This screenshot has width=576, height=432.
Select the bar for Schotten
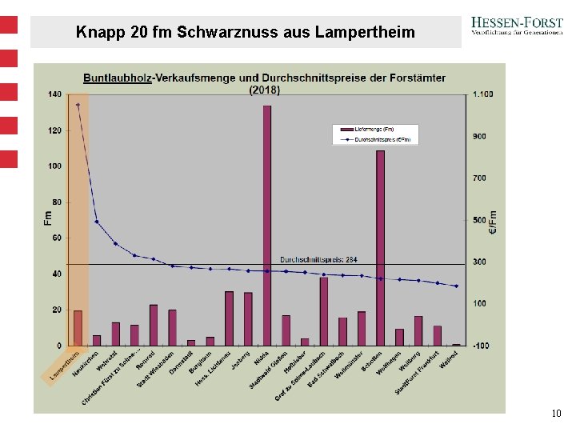380,248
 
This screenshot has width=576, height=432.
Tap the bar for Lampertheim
78,328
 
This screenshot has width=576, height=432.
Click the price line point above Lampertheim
78,105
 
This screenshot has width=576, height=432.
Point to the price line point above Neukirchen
97,222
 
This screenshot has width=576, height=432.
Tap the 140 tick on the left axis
54,94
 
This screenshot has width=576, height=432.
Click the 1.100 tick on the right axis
482,94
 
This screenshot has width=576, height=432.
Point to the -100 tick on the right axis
482,346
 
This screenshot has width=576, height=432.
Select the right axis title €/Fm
493,222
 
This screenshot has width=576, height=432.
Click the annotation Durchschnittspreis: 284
318,259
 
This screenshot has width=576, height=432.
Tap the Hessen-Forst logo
516,29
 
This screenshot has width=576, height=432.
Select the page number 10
556,414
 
